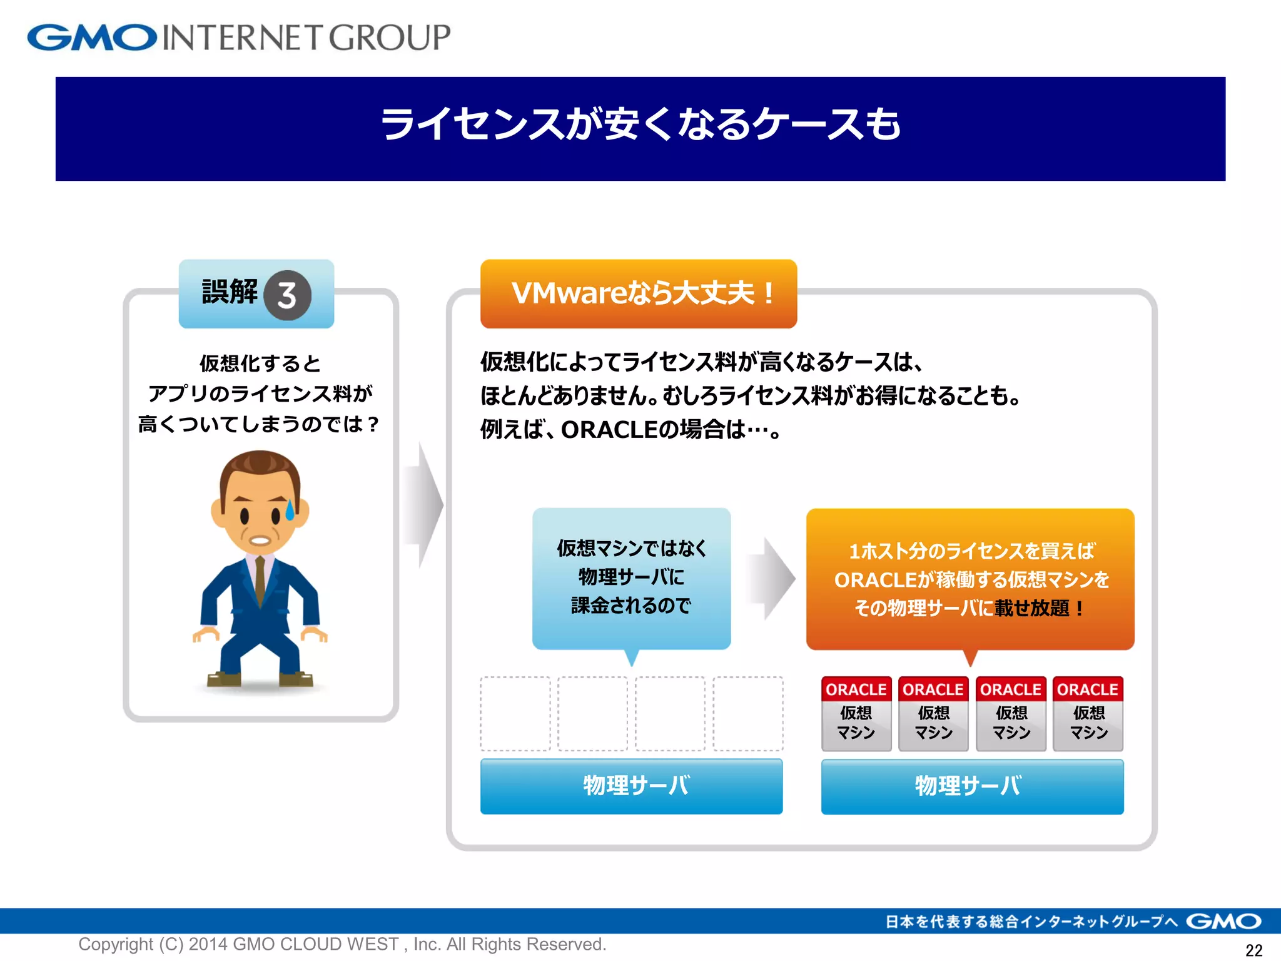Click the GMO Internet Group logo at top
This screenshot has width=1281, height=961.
pyautogui.click(x=238, y=38)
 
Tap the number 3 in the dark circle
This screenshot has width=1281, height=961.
pyautogui.click(x=287, y=295)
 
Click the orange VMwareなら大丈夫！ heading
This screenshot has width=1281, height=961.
pyautogui.click(x=639, y=293)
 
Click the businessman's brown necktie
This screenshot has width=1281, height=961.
pyautogui.click(x=260, y=579)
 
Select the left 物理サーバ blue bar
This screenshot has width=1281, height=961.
pyautogui.click(x=631, y=786)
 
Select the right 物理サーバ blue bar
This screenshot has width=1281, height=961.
pyautogui.click(x=972, y=786)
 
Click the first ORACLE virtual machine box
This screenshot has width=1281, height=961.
pyautogui.click(x=856, y=713)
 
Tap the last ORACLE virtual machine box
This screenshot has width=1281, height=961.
pyautogui.click(x=1088, y=713)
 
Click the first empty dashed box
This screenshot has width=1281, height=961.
pyautogui.click(x=515, y=713)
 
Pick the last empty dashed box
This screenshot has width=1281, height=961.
pyautogui.click(x=748, y=713)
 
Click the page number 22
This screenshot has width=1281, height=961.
pyautogui.click(x=1253, y=950)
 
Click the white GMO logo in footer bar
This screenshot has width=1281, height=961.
pyautogui.click(x=1223, y=921)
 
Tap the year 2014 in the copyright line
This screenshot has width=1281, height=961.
pyautogui.click(x=208, y=943)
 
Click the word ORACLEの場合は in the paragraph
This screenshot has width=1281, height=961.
pyautogui.click(x=653, y=430)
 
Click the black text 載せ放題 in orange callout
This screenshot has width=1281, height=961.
pyautogui.click(x=1032, y=608)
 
